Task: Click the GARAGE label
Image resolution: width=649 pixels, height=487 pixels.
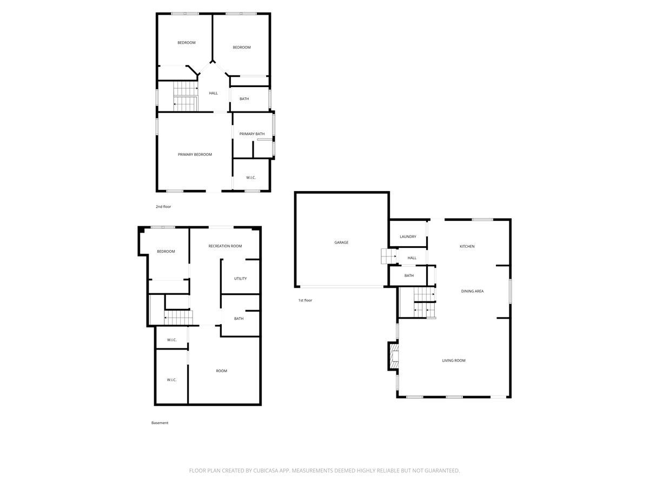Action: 341,242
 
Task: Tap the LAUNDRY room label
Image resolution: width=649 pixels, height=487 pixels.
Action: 408,236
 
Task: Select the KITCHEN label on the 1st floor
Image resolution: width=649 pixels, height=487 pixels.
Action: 467,246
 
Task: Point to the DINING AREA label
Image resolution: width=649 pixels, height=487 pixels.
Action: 472,291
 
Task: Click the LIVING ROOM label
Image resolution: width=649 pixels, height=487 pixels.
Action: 454,360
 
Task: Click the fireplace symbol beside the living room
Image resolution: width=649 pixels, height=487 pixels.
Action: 394,357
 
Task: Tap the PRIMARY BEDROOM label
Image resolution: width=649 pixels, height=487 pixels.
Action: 195,154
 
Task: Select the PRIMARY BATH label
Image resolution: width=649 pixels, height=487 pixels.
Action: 252,134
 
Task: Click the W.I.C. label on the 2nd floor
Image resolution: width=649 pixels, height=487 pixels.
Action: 251,177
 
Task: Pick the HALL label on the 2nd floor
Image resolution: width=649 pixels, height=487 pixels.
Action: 214,93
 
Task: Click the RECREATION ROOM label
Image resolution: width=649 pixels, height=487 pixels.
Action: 225,246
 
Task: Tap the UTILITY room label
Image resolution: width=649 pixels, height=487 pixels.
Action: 240,279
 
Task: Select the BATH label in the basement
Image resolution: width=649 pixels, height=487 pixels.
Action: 239,319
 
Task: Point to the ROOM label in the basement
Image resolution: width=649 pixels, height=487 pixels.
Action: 221,371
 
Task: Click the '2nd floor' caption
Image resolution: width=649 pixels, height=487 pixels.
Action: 163,206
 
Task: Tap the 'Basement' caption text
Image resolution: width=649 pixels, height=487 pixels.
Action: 160,423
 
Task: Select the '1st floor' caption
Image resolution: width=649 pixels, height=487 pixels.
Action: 305,300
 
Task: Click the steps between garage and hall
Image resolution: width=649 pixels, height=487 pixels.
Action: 388,256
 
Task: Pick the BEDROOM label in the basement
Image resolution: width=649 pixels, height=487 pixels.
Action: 166,251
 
